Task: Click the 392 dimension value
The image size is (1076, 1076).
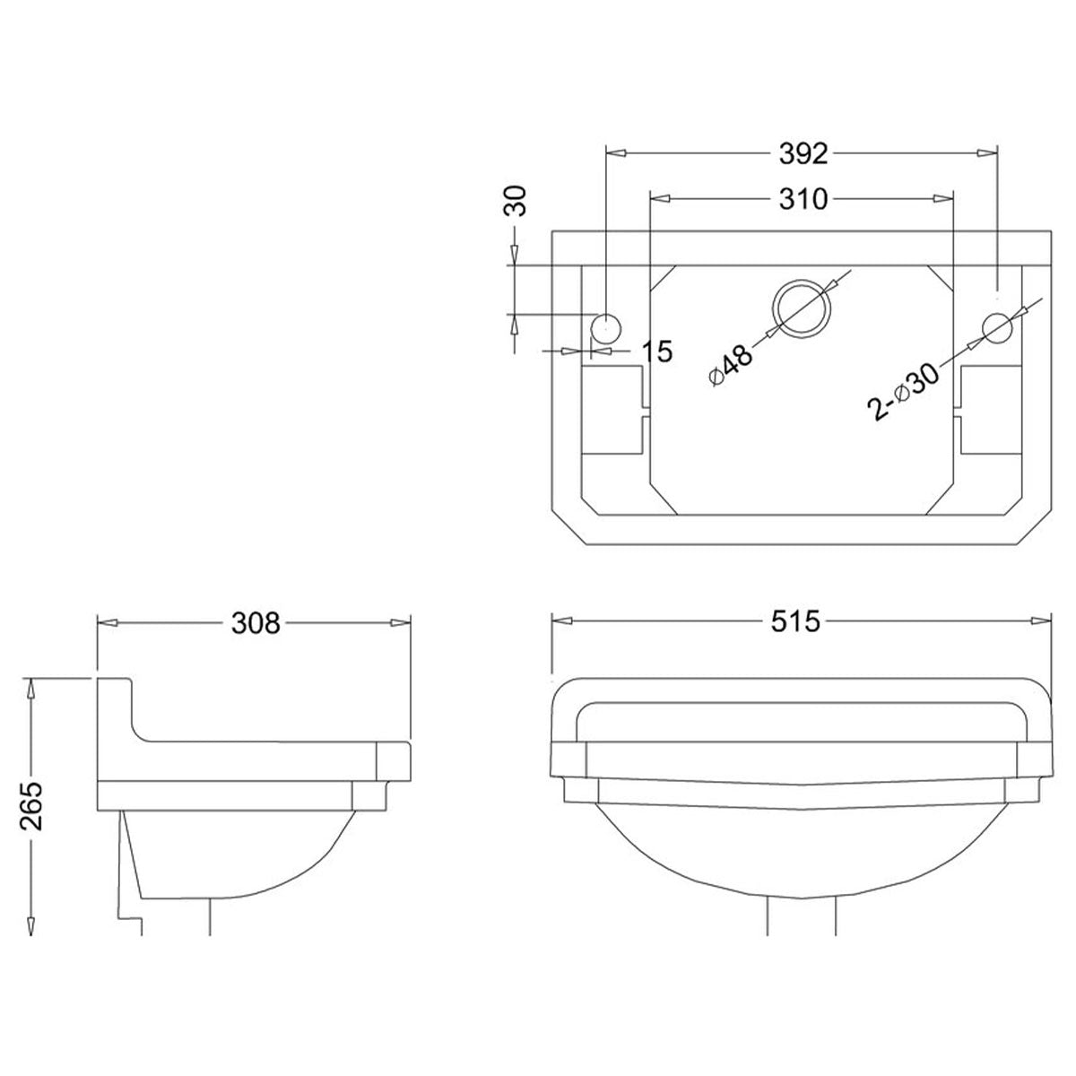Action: [803, 154]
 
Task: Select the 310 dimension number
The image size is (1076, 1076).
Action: [803, 199]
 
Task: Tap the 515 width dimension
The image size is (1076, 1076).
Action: [795, 620]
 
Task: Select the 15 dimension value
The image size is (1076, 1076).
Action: [657, 351]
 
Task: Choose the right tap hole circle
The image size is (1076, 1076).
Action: [996, 326]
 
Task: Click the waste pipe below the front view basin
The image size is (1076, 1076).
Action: [801, 915]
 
